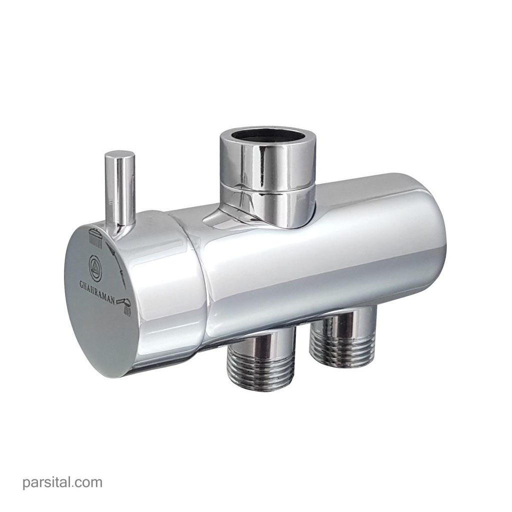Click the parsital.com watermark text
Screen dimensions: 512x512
coord(62,482)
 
